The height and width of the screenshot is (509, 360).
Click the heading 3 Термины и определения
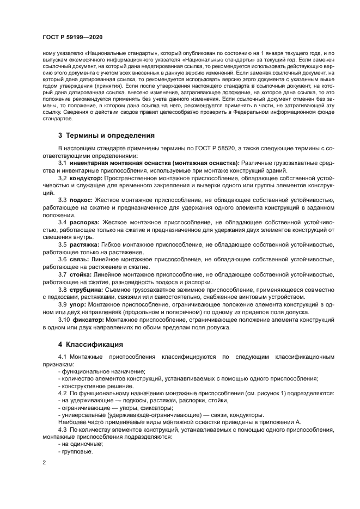pyautogui.click(x=107, y=135)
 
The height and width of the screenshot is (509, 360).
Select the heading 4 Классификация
pyautogui.click(x=90, y=345)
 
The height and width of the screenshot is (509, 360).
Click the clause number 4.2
pyautogui.click(x=63, y=393)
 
